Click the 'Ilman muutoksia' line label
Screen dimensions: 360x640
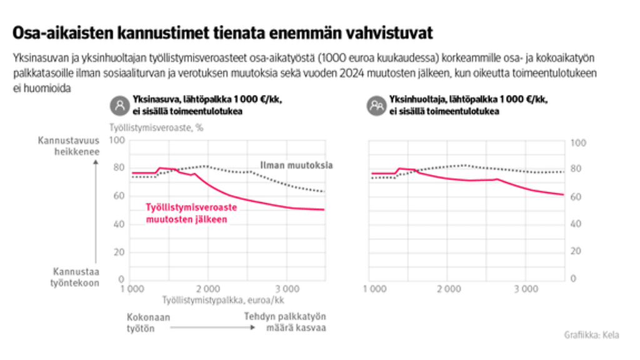[296, 166]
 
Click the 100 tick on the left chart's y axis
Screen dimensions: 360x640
[117, 140]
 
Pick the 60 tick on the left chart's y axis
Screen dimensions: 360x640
[119, 196]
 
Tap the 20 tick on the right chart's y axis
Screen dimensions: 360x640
[577, 251]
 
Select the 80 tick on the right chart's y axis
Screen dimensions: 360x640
[577, 169]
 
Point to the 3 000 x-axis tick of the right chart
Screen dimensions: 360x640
[526, 289]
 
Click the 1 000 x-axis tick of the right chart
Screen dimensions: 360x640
[374, 289]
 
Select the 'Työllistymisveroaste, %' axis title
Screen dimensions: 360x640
[156, 127]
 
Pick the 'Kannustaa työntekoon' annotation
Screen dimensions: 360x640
[76, 277]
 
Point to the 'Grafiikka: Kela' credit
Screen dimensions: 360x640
[591, 335]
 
